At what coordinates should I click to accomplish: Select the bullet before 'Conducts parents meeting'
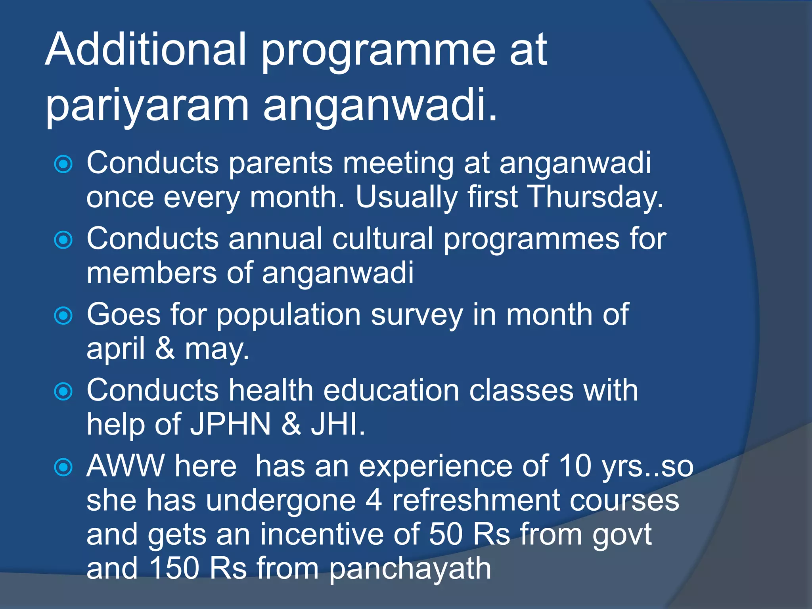coord(63,164)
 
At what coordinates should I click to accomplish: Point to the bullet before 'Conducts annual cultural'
coord(63,240)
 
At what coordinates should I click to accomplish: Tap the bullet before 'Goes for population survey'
coord(63,316)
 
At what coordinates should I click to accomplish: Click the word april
coord(115,349)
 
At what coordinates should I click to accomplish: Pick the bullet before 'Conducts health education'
coord(63,392)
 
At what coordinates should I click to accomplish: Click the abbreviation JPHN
coord(230,425)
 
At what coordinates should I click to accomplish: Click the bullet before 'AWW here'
coord(63,467)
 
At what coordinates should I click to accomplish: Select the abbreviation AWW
coord(125,466)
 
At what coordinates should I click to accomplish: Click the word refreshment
coord(476,500)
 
